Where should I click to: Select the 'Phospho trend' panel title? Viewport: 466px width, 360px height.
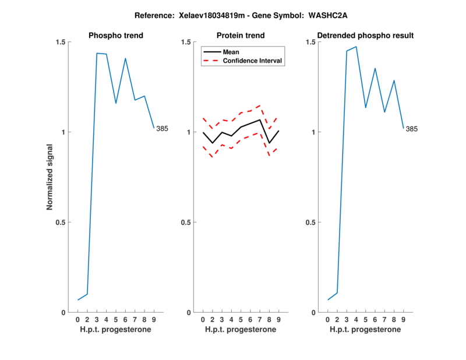click(116, 36)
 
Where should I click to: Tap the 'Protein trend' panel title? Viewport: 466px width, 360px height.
click(241, 36)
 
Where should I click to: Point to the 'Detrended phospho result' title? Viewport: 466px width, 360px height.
click(366, 36)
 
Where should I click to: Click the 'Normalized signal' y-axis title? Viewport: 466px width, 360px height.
click(50, 177)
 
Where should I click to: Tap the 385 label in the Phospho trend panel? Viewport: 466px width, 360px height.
click(162, 129)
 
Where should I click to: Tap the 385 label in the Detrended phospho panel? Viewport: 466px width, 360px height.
click(412, 129)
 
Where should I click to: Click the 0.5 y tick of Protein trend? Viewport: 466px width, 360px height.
click(186, 223)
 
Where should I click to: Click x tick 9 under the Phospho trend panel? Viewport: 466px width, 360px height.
click(154, 319)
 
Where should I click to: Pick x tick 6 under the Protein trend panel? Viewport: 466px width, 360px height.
click(250, 319)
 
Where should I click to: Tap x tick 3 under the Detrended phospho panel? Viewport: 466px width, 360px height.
click(347, 319)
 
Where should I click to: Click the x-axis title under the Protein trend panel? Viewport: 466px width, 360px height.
click(241, 330)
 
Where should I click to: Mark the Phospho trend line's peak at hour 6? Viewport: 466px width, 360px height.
click(125, 58)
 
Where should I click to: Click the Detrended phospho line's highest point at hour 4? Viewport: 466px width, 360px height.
click(356, 47)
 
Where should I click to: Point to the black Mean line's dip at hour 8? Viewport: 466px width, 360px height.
click(269, 143)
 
